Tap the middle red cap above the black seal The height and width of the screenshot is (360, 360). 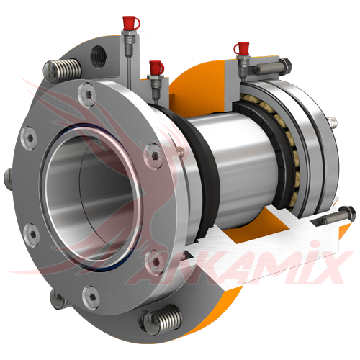click(156, 67)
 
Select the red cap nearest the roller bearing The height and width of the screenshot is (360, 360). click(240, 48)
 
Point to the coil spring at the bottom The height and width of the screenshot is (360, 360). click(161, 319)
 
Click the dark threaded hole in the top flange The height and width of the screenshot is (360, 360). click(99, 56)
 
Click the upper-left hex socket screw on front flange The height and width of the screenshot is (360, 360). click(29, 138)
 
